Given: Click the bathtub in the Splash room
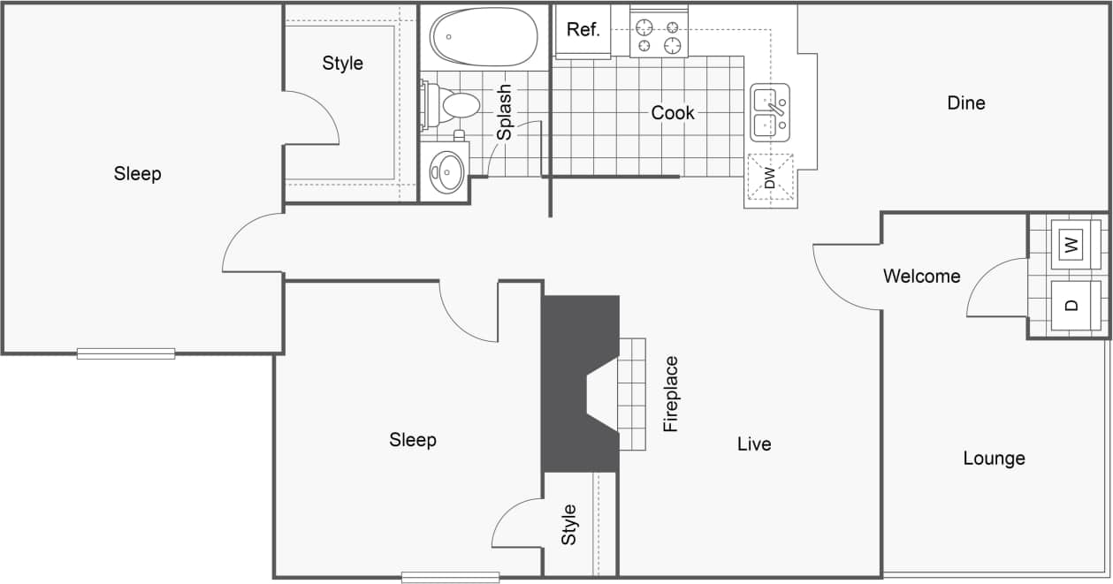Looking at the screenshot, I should pos(483,36).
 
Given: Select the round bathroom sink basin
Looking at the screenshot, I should pos(446,170).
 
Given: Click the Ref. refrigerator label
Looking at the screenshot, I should pos(583,29).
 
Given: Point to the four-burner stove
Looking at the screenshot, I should pos(659,36).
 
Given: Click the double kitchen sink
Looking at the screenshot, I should pos(769,112).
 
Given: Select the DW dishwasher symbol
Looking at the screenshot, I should pos(769,179).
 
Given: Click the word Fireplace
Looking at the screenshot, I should pos(671,393).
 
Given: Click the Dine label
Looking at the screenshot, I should pos(965,103).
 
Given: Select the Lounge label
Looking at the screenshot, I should pos(994,459).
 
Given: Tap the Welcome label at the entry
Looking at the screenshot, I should pos(921,277).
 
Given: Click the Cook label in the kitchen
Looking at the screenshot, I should pos(673,113).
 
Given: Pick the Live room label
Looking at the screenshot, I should pos(754,444).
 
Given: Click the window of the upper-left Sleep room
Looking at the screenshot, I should pos(126,353).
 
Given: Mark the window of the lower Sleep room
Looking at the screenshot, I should pos(450,577).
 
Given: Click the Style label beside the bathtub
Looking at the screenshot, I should pos(342,64).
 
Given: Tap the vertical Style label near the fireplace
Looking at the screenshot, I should pos(569,524).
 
